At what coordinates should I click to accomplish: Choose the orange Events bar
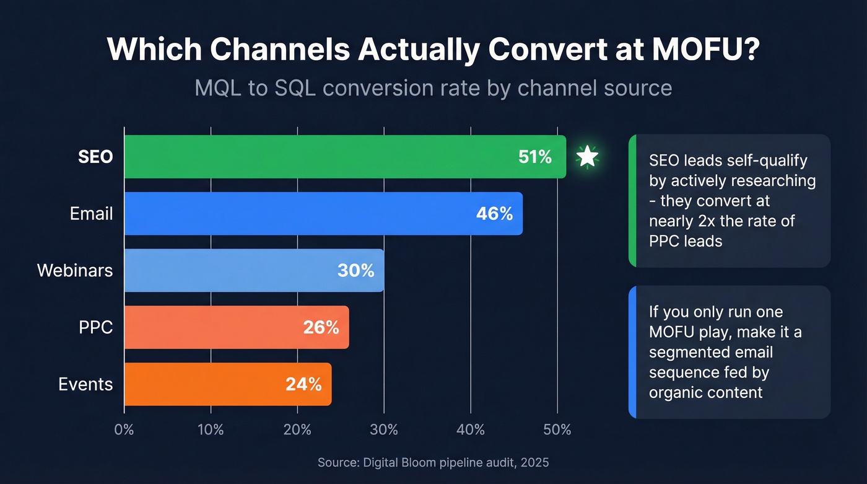(204, 384)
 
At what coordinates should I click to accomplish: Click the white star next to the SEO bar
(587, 157)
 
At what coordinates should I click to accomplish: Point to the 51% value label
(535, 157)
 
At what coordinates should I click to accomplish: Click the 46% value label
(494, 214)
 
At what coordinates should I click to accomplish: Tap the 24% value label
(303, 384)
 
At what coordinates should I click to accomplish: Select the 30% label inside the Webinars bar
(355, 270)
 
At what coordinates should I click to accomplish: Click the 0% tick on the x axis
(124, 429)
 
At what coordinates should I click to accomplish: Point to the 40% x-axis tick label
(471, 429)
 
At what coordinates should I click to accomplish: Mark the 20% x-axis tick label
(297, 429)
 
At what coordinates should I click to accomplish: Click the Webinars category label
(75, 270)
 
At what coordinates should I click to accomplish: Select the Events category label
(85, 384)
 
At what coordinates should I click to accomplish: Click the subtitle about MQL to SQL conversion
(433, 87)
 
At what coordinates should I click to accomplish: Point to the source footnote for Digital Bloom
(433, 462)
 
